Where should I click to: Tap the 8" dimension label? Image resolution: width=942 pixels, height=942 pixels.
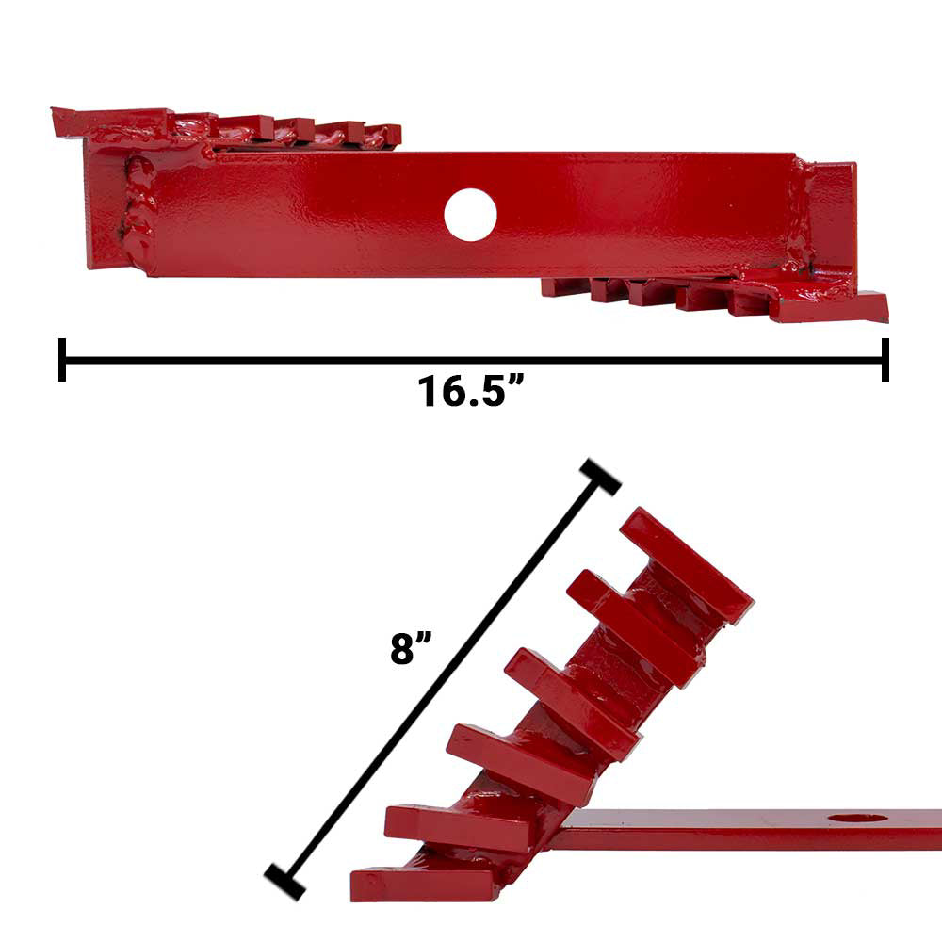click(411, 648)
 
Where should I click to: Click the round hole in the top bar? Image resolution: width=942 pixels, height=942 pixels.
click(470, 215)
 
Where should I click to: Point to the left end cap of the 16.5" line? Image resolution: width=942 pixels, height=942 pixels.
click(62, 359)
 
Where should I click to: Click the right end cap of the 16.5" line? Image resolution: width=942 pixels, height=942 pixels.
click(885, 359)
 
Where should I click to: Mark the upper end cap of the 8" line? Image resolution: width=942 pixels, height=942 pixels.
click(600, 478)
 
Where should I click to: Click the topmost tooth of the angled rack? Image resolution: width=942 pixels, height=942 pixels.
click(687, 563)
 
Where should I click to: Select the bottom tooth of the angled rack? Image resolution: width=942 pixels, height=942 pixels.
click(428, 884)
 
